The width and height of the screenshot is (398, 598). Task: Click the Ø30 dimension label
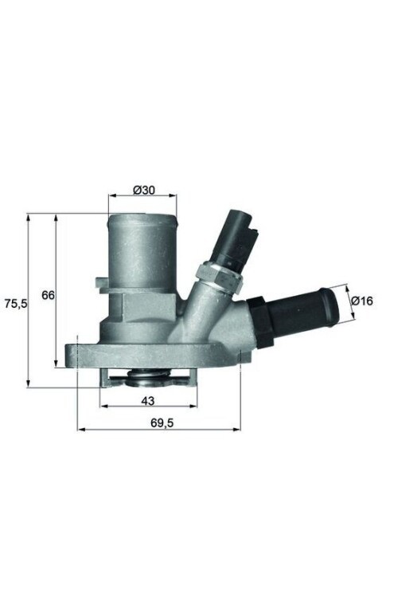[x=143, y=191]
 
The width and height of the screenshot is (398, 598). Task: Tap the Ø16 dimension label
[x=362, y=301]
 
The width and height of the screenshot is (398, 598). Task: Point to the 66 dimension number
[x=48, y=295]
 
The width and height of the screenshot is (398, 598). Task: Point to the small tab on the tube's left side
[x=101, y=283]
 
